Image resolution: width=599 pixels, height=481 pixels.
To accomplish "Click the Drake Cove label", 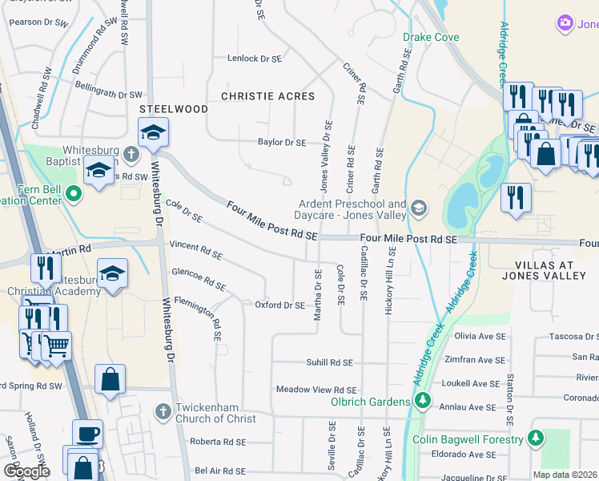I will pos(431,37).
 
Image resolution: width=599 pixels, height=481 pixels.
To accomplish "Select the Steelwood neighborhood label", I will pos(168,107).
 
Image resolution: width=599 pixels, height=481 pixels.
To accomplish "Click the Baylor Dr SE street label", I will pos(282,142).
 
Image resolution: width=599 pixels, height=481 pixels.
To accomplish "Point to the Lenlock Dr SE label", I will pos(255,59).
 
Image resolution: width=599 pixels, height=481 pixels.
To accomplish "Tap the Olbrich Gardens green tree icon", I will pos(422,401).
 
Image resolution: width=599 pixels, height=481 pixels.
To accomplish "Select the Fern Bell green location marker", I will pos(74,193).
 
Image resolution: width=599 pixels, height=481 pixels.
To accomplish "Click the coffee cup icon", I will pos(88,434).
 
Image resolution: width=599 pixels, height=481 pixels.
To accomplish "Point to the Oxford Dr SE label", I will pos(279,305).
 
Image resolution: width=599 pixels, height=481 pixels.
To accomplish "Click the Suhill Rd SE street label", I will pos(329,362).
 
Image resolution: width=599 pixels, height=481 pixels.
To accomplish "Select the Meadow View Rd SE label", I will pos(316,390).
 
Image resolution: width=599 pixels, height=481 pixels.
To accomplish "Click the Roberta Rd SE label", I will pos(218,442).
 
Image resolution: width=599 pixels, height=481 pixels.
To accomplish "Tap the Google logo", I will pos(26,471).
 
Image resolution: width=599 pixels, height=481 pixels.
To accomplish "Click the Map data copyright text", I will pos(565,475).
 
